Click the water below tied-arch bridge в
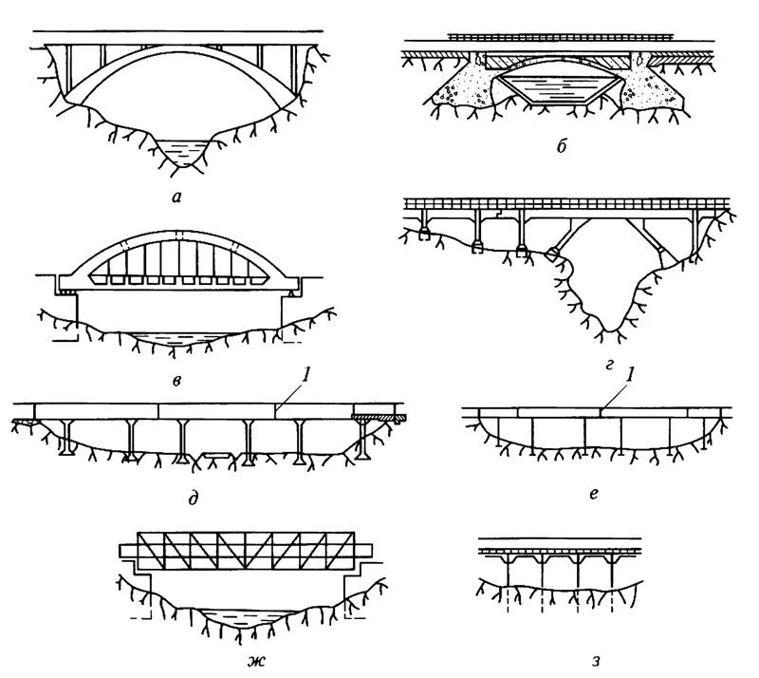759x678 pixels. (x=177, y=338)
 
